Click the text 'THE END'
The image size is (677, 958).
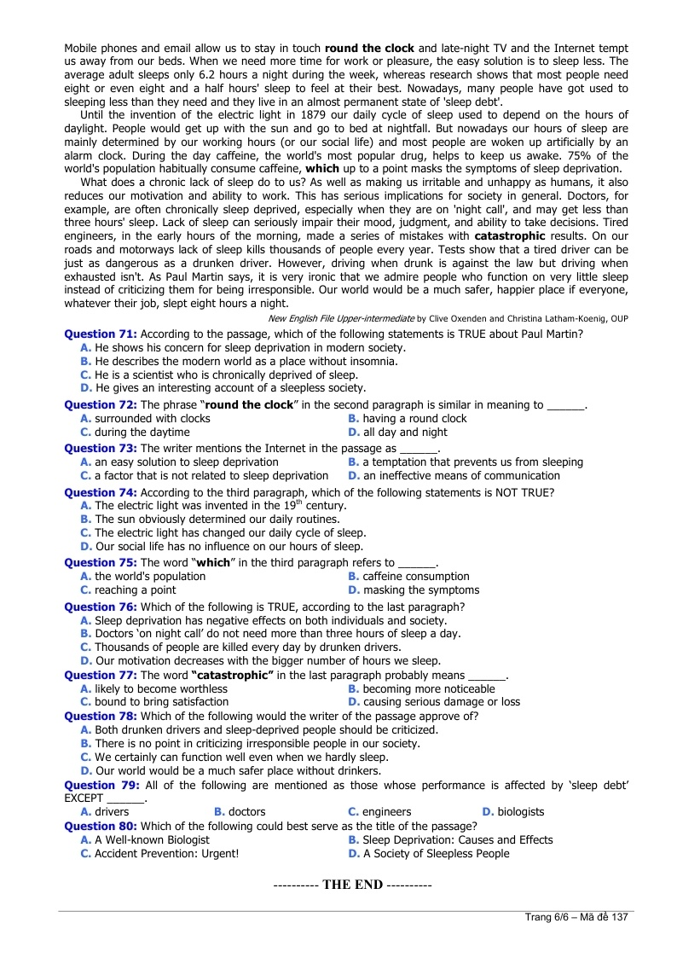352,885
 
